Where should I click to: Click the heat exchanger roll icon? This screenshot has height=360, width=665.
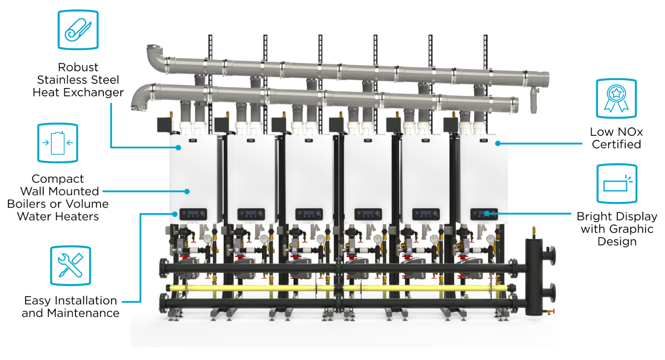pyautogui.click(x=78, y=30)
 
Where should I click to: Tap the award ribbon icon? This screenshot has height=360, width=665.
pyautogui.click(x=616, y=99)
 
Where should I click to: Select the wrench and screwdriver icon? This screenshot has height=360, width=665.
pyautogui.click(x=70, y=265)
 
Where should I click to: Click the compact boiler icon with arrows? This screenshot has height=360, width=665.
pyautogui.click(x=57, y=143)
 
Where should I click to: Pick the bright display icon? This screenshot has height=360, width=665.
pyautogui.click(x=617, y=183)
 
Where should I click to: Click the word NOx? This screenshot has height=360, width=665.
pyautogui.click(x=631, y=132)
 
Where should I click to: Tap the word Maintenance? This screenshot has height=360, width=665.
pyautogui.click(x=83, y=313)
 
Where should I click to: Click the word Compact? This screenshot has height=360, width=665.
pyautogui.click(x=58, y=179)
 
